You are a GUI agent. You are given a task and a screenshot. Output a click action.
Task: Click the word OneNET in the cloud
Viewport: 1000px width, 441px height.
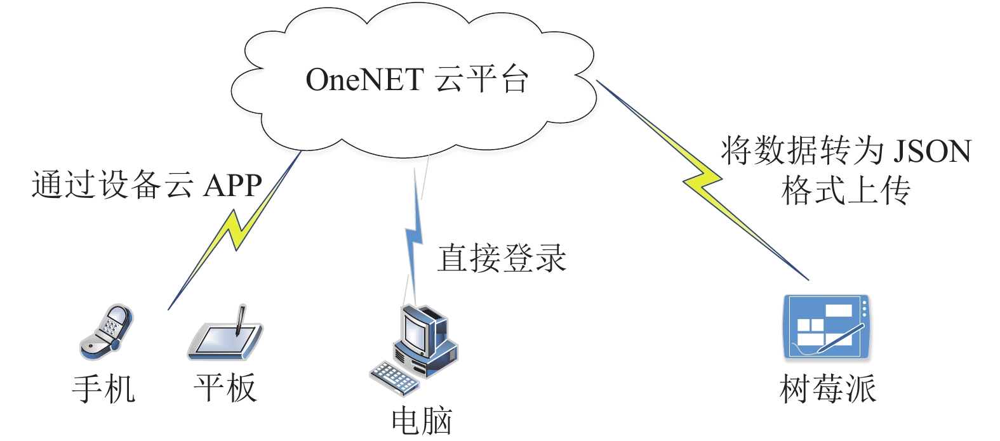coord(364,80)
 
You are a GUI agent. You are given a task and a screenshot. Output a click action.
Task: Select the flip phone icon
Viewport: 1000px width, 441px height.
coord(106,332)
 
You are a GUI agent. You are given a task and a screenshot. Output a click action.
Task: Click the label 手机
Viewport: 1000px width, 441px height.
coord(103,389)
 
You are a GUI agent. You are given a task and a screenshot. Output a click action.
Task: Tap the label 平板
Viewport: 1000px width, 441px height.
coord(225,388)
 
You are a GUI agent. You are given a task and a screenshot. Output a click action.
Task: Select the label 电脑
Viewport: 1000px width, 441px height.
coord(422,421)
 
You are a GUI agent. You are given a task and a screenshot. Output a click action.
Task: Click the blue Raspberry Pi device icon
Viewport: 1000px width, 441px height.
coord(827,327)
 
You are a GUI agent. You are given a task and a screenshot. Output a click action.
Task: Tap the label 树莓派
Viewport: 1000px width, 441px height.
coord(828,389)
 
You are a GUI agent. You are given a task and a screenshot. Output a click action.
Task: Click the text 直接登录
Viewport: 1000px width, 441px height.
coord(502,258)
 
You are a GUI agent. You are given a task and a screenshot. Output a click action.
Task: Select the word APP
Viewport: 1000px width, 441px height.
coord(232,185)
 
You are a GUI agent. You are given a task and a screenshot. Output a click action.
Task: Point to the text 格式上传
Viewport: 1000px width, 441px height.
coord(846,190)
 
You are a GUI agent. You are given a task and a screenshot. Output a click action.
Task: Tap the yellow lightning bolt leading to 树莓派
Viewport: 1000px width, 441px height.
coord(703,180)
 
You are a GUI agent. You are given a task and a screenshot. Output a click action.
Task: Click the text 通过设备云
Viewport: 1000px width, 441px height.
coord(112,185)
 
